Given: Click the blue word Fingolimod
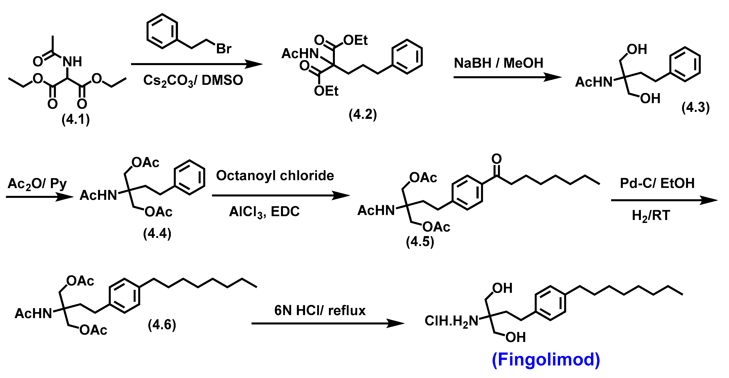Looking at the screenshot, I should tap(546, 359).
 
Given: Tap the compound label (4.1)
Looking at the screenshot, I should tap(76, 119).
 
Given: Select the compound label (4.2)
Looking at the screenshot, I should tap(363, 114).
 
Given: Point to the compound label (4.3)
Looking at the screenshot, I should tap(696, 107).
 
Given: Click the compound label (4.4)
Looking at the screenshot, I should tap(157, 234).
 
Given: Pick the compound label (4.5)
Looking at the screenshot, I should tap(420, 242).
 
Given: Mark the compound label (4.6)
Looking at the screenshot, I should tap(162, 324).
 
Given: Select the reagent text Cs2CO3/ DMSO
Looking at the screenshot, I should tap(193, 80).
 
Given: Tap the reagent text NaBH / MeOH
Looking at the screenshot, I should tap(499, 63).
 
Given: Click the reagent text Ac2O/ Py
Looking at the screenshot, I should tap(37, 184).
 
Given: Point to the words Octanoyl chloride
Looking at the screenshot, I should tap(275, 176).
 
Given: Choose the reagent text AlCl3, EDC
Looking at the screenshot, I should tap(264, 212).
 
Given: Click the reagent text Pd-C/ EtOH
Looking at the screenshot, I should tap(657, 183).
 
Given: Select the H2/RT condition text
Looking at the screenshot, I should tap(651, 216).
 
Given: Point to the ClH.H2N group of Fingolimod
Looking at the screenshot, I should tap(451, 321).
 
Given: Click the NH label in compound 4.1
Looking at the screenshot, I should tap(72, 62).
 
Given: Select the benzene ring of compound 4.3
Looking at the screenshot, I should tap(685, 64).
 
